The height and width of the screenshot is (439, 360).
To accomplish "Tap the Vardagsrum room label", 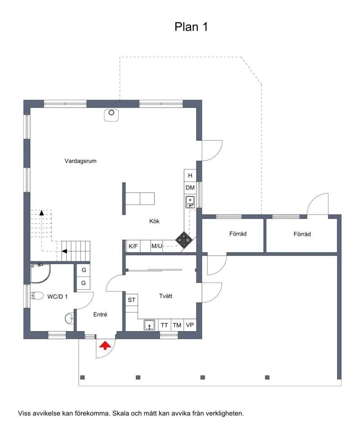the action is (81, 161).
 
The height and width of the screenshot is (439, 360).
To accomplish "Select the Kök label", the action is (154, 221).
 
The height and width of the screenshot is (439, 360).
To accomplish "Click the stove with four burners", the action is (184, 240).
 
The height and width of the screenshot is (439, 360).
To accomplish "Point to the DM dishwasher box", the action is (190, 188).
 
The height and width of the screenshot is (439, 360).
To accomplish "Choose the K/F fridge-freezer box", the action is (133, 246).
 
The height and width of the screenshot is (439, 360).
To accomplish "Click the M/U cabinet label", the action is (157, 246).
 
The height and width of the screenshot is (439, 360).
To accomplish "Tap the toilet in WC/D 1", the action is (37, 296).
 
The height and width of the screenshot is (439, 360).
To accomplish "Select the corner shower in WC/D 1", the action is (40, 273).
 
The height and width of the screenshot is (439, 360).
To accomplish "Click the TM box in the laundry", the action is (177, 325).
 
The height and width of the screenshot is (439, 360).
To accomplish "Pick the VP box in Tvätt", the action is (190, 325).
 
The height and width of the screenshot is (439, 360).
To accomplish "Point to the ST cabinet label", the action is (131, 300).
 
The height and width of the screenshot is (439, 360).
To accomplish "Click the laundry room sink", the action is (149, 325).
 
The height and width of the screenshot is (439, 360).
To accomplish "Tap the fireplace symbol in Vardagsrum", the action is (111, 115).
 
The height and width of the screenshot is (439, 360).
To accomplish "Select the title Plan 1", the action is (191, 27).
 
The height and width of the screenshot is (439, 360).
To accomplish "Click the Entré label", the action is (100, 314).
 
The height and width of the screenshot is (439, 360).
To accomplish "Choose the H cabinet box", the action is (190, 175).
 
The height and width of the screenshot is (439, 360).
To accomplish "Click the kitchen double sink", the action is (190, 202).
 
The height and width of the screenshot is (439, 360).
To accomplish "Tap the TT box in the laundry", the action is (164, 325).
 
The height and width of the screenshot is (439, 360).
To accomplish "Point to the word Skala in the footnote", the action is (120, 413).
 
